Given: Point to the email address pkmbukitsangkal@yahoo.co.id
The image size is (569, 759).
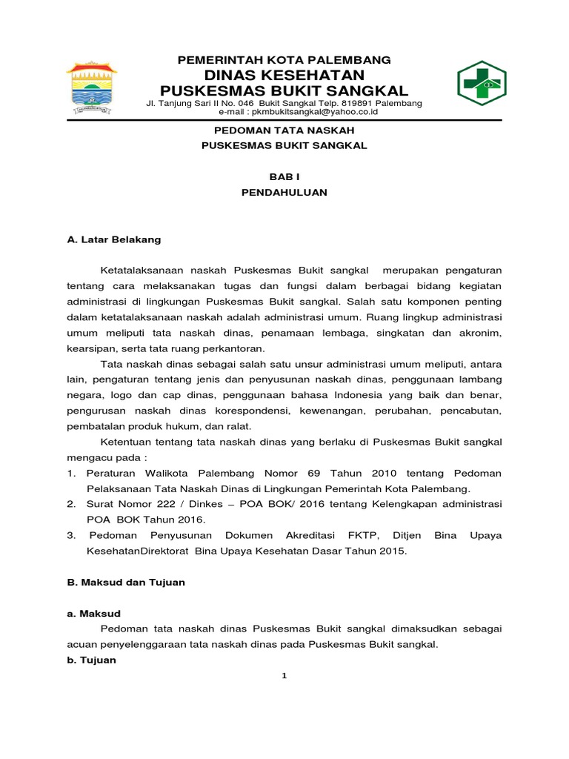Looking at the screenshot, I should (313, 112).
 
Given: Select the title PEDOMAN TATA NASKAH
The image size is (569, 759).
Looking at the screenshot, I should (284, 130).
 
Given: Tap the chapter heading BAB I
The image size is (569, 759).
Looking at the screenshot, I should (284, 176).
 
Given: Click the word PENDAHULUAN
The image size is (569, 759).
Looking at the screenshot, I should (284, 192).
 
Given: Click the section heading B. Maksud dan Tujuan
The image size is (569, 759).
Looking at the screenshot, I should (125, 583).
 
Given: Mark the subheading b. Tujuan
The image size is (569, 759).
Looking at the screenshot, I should (92, 660).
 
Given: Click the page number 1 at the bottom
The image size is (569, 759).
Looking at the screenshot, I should (284, 675).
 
